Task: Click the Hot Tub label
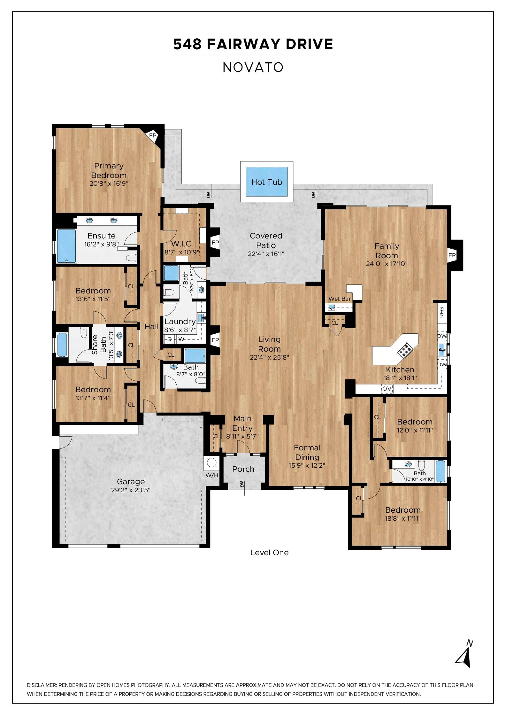coord(267,182)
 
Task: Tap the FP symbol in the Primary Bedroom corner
coord(153,136)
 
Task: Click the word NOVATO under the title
coord(253,67)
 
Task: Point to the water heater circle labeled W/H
coord(211,463)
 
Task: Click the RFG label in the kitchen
coord(442,312)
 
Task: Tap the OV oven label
coord(387,389)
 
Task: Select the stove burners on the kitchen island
coord(404,350)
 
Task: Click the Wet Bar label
coord(340,299)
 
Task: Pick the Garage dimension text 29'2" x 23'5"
coord(131,490)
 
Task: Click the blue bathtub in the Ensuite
coord(66,245)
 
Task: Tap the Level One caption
coord(269,553)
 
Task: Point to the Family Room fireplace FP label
coord(452,255)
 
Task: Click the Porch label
coord(243,469)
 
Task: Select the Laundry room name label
coord(180,322)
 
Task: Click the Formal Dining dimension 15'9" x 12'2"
coord(307,466)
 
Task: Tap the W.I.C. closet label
coord(182,244)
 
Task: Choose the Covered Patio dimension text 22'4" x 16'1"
coord(266,254)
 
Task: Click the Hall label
coord(151,327)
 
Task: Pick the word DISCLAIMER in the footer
coord(42,685)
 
